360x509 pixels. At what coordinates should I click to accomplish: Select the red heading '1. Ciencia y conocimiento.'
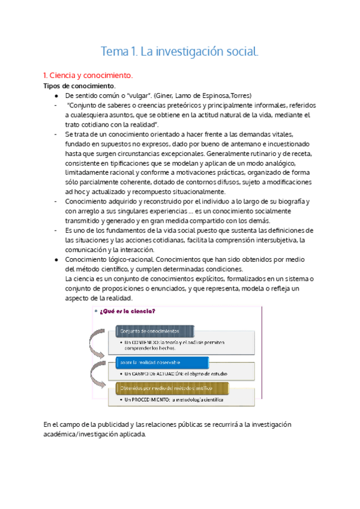[x=88, y=76]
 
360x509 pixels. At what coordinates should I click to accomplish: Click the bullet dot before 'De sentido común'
[x=56, y=96]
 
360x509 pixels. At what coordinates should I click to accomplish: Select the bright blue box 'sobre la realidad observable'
[x=149, y=363]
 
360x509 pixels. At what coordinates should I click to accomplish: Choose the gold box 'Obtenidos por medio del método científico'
[x=162, y=388]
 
